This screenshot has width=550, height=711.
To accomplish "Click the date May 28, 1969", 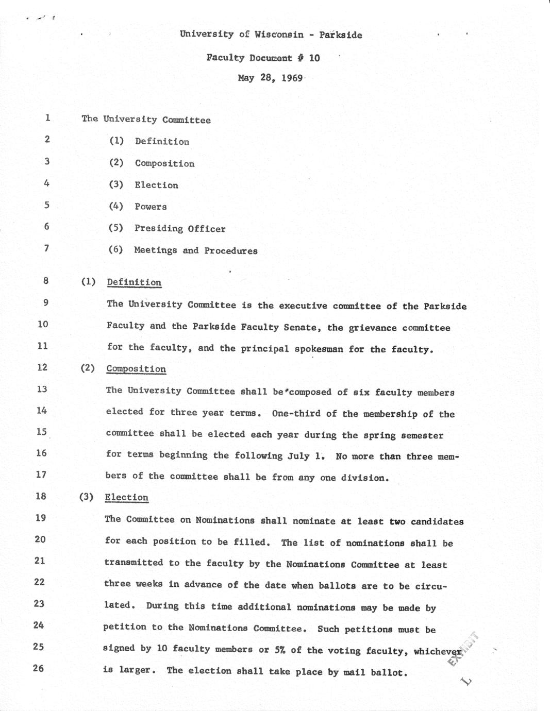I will tap(270, 78).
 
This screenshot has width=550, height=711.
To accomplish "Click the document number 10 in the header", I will tap(314, 58).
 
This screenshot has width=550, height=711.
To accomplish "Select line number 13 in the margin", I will tap(42, 389).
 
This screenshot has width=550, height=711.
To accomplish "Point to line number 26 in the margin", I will tap(39, 668).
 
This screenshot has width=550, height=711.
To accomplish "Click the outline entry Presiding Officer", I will tap(180, 228).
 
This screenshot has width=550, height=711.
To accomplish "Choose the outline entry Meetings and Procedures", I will tap(196, 250).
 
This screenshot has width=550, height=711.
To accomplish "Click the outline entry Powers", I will tap(151, 207).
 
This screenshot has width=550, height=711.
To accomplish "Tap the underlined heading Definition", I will tap(134, 282).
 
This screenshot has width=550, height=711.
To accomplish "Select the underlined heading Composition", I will tap(136, 369).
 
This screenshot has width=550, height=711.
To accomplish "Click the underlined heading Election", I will tap(126, 497).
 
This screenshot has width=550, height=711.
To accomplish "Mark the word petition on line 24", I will tap(125, 627).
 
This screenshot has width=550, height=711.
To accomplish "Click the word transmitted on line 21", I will tap(134, 563).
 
